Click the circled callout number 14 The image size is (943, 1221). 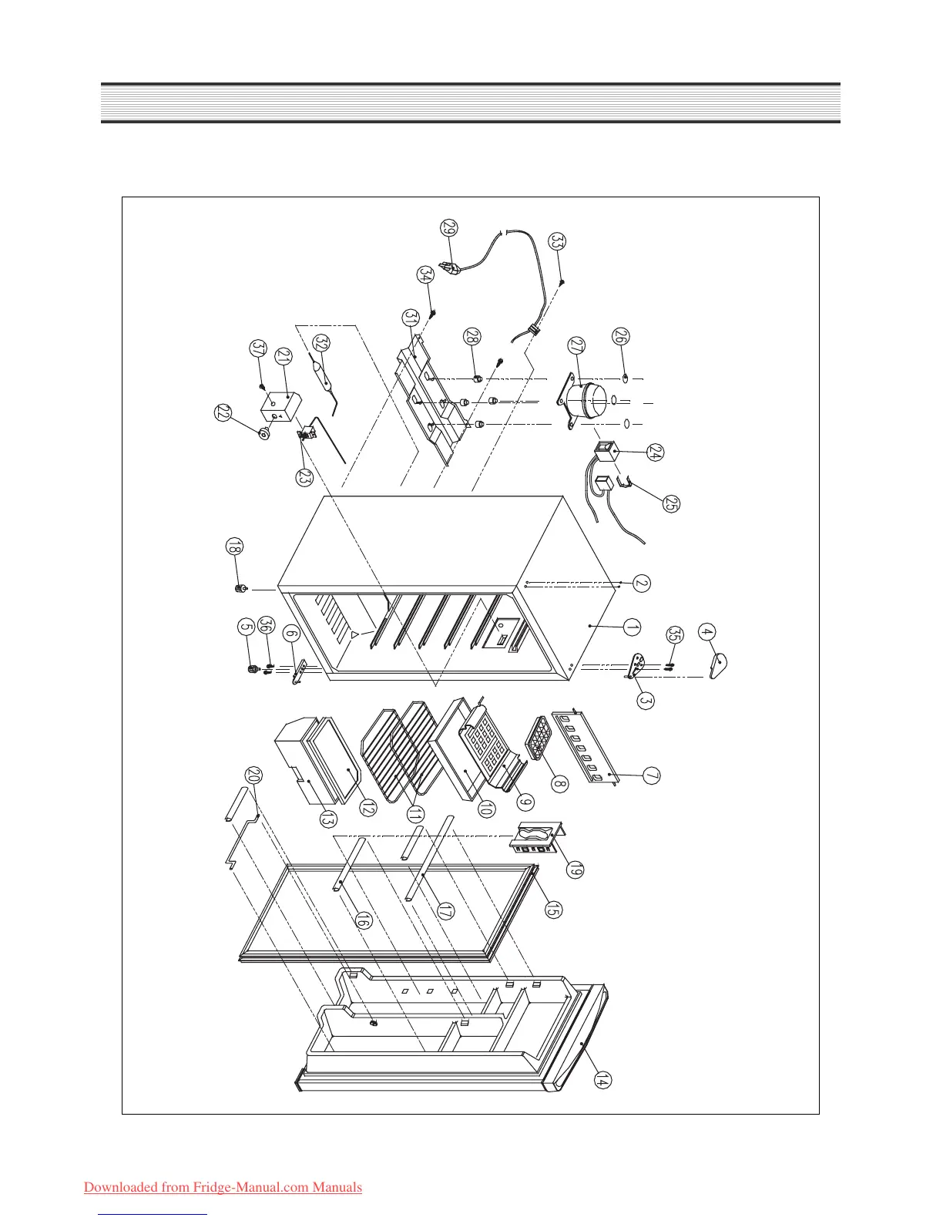click(603, 1081)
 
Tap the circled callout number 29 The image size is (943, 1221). click(449, 228)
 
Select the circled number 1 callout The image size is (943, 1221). click(632, 628)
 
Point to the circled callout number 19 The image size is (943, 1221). click(574, 870)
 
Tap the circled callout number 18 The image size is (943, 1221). click(233, 547)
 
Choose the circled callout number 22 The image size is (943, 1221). click(223, 413)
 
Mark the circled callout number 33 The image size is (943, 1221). click(557, 241)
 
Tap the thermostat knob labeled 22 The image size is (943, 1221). click(263, 434)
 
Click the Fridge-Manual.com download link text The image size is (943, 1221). click(223, 1187)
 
